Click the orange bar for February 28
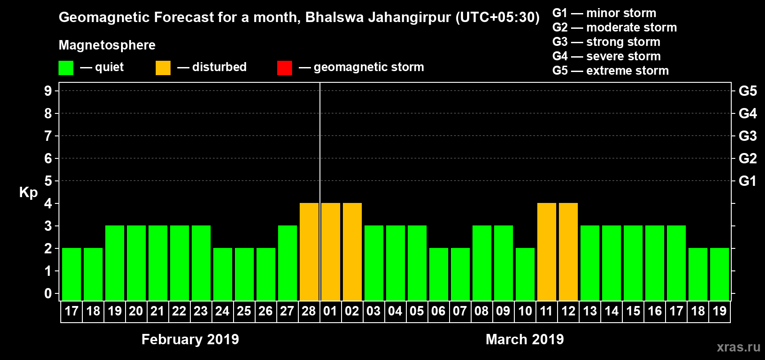pos(309,252)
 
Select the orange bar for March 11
pos(547,252)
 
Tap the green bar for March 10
pos(525,274)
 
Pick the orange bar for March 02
pos(352,252)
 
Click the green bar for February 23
pos(201,263)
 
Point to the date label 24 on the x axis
pos(222,311)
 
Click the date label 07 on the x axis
pos(460,311)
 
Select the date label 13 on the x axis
pos(589,311)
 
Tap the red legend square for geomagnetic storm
pos(284,68)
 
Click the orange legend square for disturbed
pos(163,68)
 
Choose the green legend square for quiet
pos(66,68)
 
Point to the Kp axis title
pos(28,192)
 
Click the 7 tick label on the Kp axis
pos(48,136)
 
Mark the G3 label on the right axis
pos(747,136)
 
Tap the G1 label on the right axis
pos(747,181)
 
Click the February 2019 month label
pos(190,339)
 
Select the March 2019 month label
pos(525,339)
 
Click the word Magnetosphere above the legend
pos(107,45)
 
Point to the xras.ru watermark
pos(738,347)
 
